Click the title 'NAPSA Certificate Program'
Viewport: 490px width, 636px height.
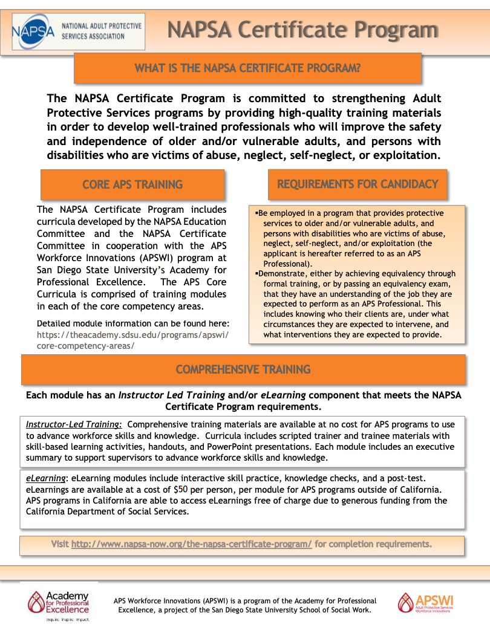[302, 29]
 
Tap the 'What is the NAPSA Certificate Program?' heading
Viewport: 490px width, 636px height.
[247, 68]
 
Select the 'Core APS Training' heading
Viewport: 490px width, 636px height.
[132, 184]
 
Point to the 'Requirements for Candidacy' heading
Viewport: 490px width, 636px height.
[358, 184]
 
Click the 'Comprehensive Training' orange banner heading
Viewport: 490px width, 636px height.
[243, 369]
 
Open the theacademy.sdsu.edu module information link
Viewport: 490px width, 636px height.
[132, 340]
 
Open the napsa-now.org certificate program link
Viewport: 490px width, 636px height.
[192, 544]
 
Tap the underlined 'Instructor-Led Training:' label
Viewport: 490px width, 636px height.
[74, 425]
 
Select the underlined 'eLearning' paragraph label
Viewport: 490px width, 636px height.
[45, 478]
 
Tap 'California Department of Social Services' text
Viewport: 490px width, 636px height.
[108, 511]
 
